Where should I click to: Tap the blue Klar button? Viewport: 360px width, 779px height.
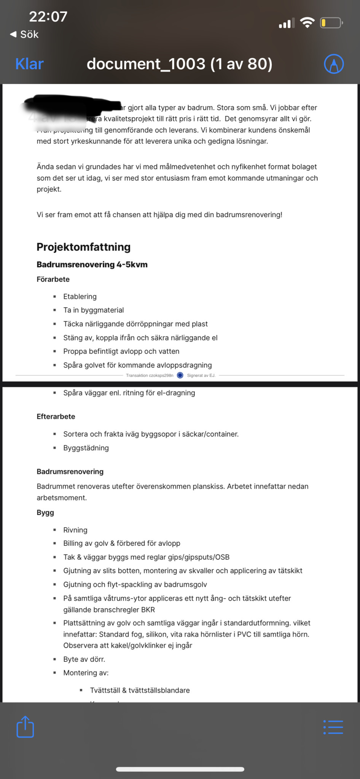(x=29, y=64)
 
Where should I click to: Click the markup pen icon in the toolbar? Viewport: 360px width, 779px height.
(x=334, y=64)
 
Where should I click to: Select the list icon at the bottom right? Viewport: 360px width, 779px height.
(x=333, y=727)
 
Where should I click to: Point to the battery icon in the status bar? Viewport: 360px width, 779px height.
(x=331, y=23)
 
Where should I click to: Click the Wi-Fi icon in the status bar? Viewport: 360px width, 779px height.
(x=307, y=23)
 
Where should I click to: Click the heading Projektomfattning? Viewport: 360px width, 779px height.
(x=83, y=247)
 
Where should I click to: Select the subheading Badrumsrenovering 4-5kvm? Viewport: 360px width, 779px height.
(x=92, y=264)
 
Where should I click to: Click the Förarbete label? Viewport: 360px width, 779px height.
(x=53, y=279)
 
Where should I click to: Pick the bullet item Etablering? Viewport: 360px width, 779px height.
(x=80, y=296)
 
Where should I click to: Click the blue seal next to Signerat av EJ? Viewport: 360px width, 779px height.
(x=180, y=375)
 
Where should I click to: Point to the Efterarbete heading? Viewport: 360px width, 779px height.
(x=56, y=417)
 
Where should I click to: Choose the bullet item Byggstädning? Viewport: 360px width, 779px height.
(x=86, y=448)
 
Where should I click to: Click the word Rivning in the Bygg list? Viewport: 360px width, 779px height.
(x=75, y=530)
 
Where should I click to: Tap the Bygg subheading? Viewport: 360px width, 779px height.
(x=45, y=512)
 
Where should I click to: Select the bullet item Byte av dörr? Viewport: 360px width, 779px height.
(x=84, y=659)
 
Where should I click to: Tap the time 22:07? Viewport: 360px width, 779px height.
(x=48, y=16)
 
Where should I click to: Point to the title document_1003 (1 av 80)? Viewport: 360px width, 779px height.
(x=179, y=64)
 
